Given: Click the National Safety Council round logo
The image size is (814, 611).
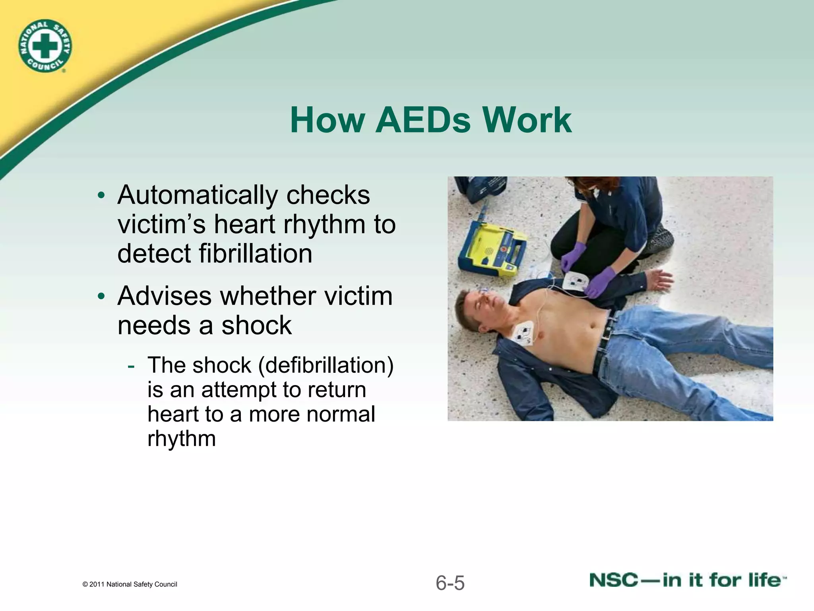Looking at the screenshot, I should (45, 47).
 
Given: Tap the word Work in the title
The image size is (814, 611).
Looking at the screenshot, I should (527, 120).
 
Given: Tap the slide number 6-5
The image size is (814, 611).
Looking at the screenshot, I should (450, 583).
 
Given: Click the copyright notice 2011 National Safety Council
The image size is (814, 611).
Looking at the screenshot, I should (130, 584).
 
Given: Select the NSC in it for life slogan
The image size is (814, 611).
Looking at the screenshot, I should (688, 580).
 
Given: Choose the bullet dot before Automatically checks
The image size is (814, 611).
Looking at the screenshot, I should (102, 196).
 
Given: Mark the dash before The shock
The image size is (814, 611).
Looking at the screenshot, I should (131, 365).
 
